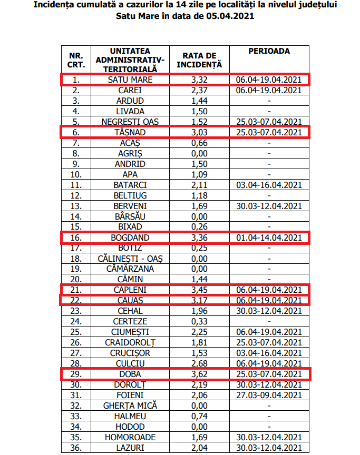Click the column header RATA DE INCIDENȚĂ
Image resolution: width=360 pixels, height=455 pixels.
point(199,60)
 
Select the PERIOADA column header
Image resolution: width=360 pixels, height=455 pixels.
point(269,51)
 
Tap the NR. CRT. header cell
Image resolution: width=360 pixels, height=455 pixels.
point(76,60)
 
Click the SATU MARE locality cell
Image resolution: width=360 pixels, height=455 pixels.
point(130,80)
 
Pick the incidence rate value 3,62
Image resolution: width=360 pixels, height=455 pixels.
point(199,374)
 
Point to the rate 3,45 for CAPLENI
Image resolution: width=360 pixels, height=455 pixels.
point(199,290)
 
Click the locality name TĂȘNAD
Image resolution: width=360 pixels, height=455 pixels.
point(130,132)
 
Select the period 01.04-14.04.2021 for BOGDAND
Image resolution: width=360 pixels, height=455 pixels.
point(269,238)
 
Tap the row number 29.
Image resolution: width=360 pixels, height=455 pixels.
point(76,374)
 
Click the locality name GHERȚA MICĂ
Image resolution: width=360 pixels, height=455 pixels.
point(130,405)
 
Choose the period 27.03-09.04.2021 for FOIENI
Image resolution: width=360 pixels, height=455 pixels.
point(269,395)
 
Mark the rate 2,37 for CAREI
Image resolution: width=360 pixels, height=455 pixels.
point(199,90)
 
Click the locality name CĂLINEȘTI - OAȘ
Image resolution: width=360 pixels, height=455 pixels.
point(130,258)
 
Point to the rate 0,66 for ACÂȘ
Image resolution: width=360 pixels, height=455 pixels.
point(199,143)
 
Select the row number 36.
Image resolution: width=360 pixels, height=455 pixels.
point(76,447)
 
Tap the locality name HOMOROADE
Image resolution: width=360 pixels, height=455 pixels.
point(130,437)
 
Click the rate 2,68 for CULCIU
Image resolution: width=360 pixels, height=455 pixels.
point(199,363)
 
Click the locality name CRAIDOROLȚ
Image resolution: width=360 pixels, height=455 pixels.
point(130,342)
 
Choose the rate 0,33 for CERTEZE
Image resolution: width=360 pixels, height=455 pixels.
point(199,321)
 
